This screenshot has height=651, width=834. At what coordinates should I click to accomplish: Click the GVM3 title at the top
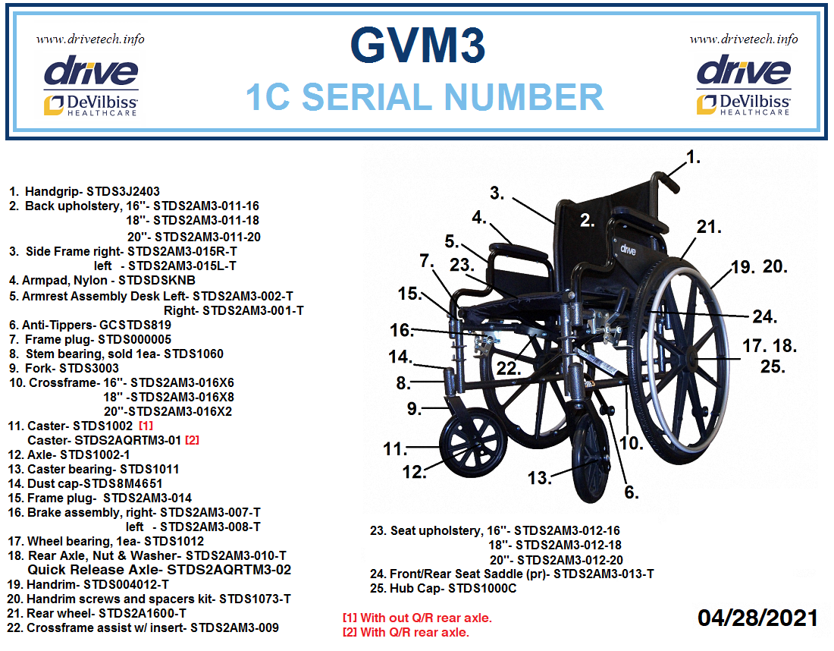[418, 46]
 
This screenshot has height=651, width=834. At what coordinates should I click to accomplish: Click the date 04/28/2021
[757, 618]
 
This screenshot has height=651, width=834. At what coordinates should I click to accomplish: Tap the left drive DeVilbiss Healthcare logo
[91, 86]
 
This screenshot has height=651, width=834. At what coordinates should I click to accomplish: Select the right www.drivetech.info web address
[744, 39]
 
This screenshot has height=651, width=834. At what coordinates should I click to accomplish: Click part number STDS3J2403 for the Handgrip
[123, 191]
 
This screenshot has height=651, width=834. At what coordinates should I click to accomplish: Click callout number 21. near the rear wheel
[709, 227]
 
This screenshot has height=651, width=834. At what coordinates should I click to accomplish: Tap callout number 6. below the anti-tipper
[632, 492]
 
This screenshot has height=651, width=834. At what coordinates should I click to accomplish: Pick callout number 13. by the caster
[539, 477]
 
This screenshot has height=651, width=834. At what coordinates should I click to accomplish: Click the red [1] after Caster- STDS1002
[146, 426]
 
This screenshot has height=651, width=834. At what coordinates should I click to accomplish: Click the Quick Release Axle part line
[159, 570]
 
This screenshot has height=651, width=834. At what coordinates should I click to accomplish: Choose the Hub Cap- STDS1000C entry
[443, 588]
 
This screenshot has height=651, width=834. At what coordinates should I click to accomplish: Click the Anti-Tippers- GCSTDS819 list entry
[90, 325]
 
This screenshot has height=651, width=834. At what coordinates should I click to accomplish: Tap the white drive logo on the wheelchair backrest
[628, 249]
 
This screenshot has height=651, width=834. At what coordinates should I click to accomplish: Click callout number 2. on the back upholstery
[587, 220]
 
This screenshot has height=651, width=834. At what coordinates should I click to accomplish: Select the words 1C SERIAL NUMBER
[425, 97]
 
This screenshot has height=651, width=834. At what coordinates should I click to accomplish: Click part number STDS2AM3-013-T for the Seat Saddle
[604, 574]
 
